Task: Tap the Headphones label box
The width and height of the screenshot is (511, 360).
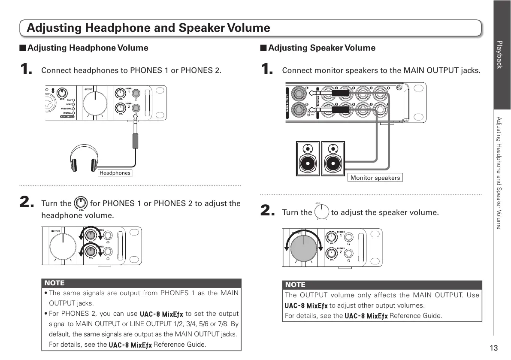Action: pyautogui.click(x=115, y=173)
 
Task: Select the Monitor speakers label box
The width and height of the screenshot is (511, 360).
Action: pyautogui.click(x=375, y=178)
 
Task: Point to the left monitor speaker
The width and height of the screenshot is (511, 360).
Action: pyautogui.click(x=308, y=159)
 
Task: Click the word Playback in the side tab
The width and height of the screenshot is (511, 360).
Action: pyautogui.click(x=499, y=54)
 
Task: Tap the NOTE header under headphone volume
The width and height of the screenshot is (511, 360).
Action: pyautogui.click(x=54, y=283)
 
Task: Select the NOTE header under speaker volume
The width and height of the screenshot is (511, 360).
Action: pyautogui.click(x=295, y=284)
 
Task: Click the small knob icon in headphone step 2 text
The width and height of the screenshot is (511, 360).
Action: pyautogui.click(x=81, y=203)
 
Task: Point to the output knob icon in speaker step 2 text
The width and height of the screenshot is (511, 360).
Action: pyautogui.click(x=321, y=212)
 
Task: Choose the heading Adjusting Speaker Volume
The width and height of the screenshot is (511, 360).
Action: pyautogui.click(x=321, y=48)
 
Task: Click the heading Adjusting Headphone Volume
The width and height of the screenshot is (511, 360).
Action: pyautogui.click(x=88, y=48)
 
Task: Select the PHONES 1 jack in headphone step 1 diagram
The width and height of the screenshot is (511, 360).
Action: pyautogui.click(x=136, y=93)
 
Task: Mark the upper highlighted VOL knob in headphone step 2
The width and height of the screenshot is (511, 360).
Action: pyautogui.click(x=91, y=235)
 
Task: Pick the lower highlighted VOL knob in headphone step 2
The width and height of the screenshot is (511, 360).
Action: pyautogui.click(x=91, y=252)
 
